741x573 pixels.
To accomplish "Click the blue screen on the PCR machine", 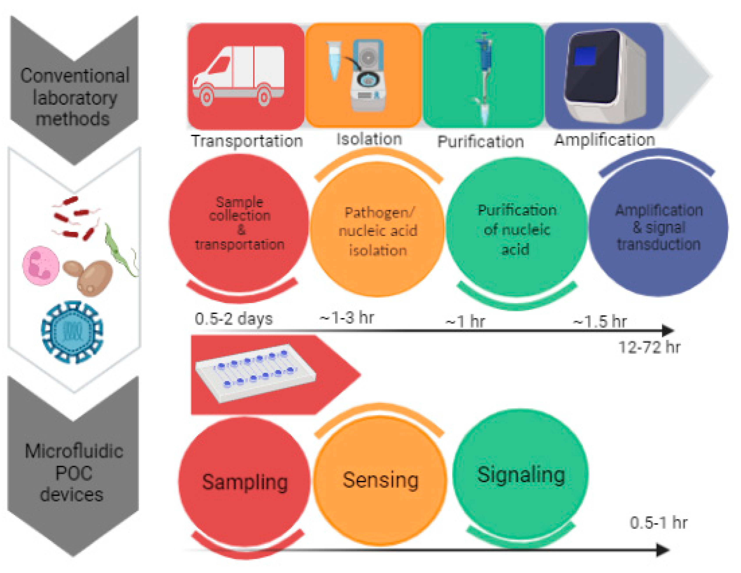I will pos(585,56).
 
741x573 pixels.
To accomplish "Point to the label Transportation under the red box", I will pos(247,141).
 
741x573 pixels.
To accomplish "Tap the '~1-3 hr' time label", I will pos(347,318).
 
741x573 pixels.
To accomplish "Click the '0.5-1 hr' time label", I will pos(658,523).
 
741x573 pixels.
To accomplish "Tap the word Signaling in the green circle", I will pos(521,475).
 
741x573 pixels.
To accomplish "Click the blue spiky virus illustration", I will pos(72,332).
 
